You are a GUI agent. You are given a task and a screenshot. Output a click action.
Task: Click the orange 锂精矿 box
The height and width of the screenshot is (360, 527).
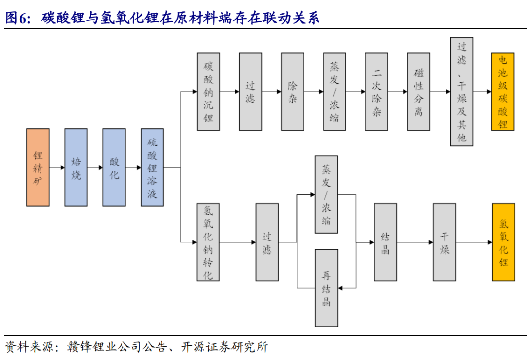[x=38, y=167]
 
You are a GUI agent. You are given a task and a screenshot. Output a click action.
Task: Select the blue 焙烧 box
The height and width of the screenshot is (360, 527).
[x=76, y=167]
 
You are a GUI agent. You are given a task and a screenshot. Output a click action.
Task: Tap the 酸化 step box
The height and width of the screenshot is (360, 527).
[x=114, y=167]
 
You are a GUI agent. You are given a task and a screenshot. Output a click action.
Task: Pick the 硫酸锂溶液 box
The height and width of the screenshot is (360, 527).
[x=152, y=167]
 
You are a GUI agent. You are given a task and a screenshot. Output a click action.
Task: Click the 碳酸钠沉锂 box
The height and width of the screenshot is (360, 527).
[x=208, y=91]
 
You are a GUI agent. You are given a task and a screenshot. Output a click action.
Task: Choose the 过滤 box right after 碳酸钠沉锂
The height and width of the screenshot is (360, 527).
[x=250, y=91]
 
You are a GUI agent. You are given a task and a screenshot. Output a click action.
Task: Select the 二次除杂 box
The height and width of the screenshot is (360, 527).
[x=377, y=91]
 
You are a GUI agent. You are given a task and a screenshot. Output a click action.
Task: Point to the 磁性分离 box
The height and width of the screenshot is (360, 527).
[x=419, y=91]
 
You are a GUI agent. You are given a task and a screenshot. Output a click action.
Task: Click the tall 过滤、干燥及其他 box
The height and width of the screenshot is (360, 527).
[x=462, y=91]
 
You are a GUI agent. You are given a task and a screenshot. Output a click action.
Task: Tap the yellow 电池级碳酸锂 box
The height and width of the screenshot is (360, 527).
[x=503, y=91]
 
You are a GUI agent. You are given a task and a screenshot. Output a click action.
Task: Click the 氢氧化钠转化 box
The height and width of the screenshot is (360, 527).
[x=208, y=242]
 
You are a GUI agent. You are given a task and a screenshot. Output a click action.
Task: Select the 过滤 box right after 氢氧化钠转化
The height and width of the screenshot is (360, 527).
[x=267, y=242]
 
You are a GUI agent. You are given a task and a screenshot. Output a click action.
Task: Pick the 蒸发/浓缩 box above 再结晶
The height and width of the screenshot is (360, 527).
[x=326, y=194]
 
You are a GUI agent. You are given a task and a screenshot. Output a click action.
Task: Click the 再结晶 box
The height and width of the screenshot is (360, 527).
[x=326, y=288]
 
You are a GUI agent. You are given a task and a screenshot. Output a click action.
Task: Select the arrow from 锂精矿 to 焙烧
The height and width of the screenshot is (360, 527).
[x=57, y=167]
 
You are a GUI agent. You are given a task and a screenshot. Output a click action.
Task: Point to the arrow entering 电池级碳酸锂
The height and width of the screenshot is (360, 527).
[x=482, y=91]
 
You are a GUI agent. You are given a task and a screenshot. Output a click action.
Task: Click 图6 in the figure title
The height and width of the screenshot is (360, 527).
[x=18, y=18]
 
